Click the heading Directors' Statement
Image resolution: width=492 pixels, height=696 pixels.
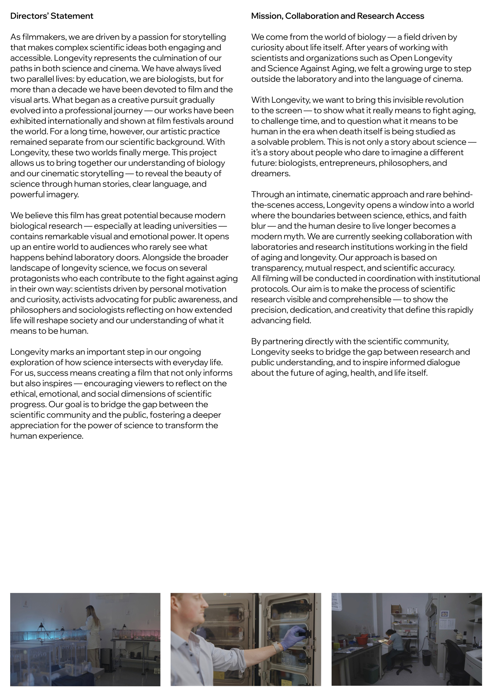[x=52, y=16]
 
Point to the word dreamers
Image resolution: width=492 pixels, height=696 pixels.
[x=270, y=174]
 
